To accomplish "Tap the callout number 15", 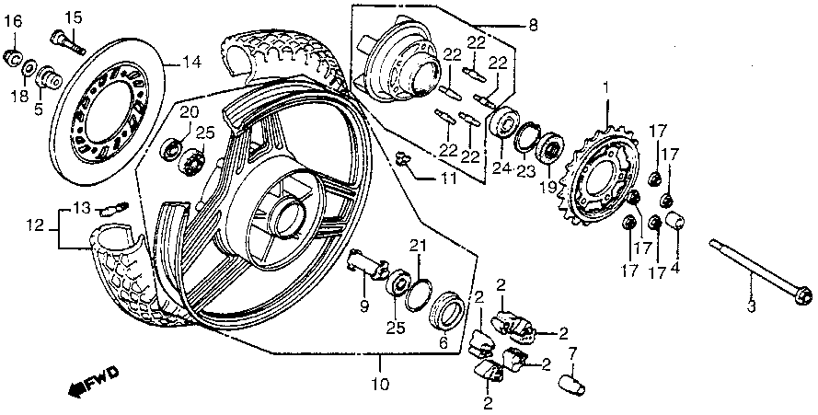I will click(x=73, y=17).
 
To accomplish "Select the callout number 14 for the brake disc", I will click(x=190, y=63).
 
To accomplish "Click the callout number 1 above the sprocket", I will click(x=605, y=86).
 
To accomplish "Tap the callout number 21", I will click(x=419, y=246).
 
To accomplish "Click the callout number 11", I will click(x=447, y=179).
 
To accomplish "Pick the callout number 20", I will click(x=189, y=113).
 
